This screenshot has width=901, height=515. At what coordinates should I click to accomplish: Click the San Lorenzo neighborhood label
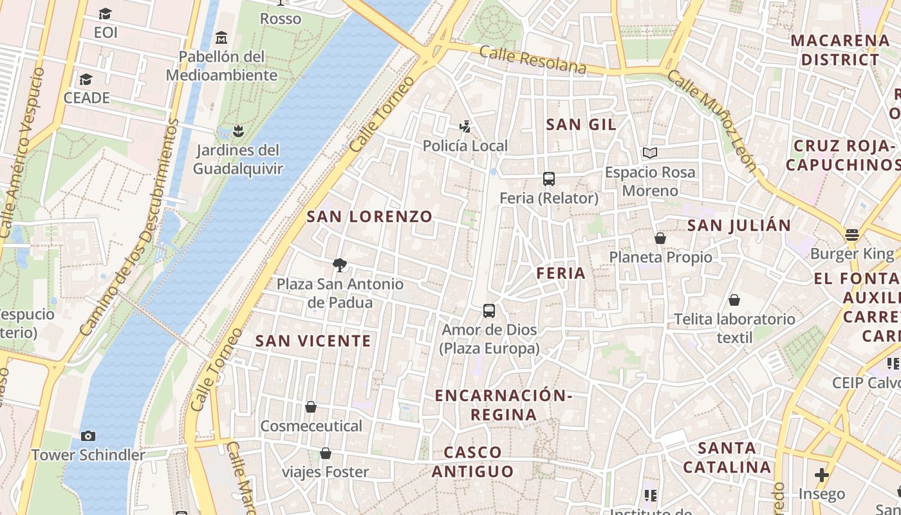(x=369, y=216)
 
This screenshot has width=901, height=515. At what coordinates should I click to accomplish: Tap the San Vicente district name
(x=313, y=341)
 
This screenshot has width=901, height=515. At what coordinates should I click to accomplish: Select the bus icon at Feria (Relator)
(x=548, y=179)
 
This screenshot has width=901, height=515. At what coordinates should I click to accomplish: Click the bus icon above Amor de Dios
(x=489, y=311)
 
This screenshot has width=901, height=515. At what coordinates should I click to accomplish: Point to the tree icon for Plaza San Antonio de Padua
(x=340, y=265)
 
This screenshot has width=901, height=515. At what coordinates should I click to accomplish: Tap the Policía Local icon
(x=465, y=126)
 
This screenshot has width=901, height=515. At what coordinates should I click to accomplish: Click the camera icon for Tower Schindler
(x=88, y=436)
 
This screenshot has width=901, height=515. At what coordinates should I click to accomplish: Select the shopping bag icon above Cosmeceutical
(x=311, y=407)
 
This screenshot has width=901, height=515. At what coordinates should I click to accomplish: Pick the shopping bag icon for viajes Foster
(x=326, y=453)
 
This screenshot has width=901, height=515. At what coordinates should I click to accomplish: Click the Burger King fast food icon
(x=852, y=234)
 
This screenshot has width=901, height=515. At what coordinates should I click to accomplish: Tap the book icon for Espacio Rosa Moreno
(x=650, y=153)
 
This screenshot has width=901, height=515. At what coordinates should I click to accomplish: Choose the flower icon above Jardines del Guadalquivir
(x=238, y=131)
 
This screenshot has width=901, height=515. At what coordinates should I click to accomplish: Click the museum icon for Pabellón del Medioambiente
(x=221, y=37)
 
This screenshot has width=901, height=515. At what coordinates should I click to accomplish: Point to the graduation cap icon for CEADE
(x=86, y=79)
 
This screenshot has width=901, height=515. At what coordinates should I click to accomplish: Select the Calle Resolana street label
(x=533, y=60)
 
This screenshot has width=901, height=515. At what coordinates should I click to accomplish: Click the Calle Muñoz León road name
(x=712, y=120)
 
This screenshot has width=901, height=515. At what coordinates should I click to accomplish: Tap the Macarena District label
(x=839, y=50)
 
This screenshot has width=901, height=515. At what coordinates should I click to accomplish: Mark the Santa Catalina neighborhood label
(x=727, y=457)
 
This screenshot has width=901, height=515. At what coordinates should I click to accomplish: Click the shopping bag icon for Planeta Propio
(x=660, y=238)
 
